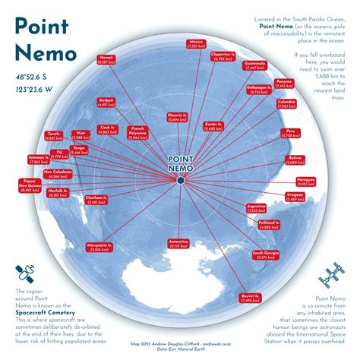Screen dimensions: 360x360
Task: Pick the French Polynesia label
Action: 139,131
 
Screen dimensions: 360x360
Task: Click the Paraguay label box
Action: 306,181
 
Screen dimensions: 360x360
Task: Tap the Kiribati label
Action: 108,102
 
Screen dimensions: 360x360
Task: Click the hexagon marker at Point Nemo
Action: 180,181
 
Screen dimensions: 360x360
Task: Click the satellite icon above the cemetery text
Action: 24,274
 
